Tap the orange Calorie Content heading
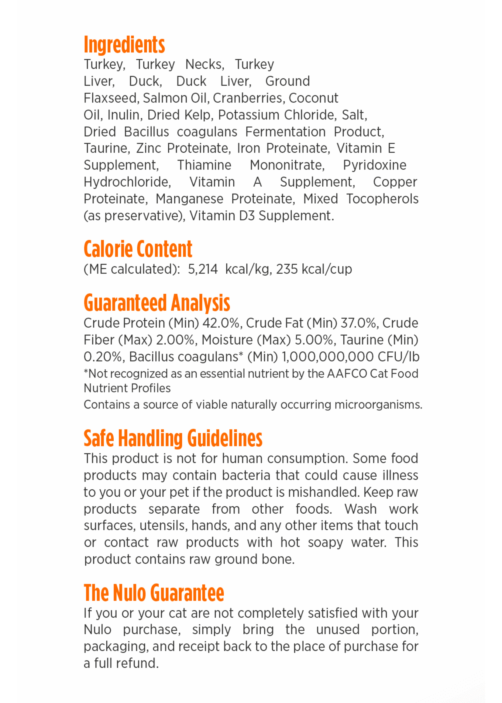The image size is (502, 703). (x=138, y=249)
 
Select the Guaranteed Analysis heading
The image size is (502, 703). (x=157, y=303)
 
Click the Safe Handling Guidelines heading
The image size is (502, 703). (x=173, y=438)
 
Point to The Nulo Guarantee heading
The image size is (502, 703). (x=154, y=593)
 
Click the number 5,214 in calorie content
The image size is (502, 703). (x=202, y=269)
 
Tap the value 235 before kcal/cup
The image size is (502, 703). (x=287, y=269)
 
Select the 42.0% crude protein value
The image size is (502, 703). (x=221, y=323)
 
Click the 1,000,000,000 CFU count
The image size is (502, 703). (x=328, y=357)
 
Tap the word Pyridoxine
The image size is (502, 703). (x=374, y=165)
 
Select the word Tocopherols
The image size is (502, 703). (x=382, y=199)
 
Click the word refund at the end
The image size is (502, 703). (x=143, y=663)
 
